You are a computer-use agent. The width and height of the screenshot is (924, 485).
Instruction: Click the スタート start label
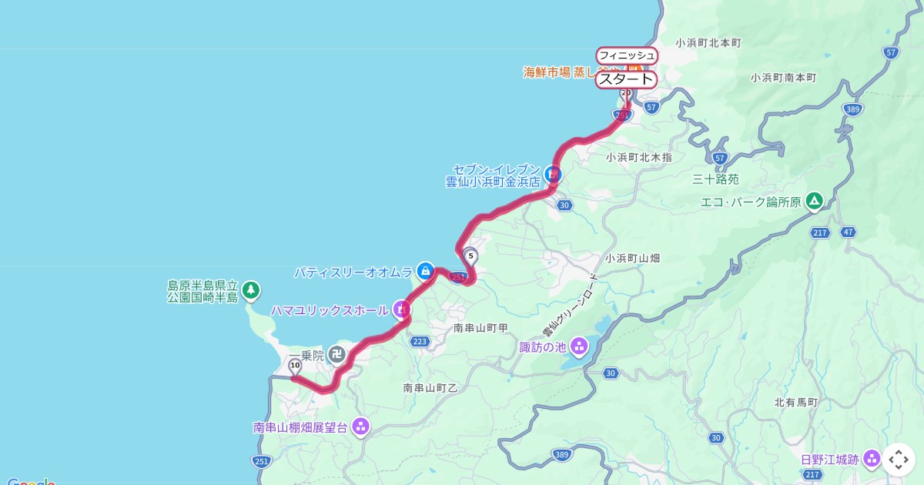[x=626, y=79]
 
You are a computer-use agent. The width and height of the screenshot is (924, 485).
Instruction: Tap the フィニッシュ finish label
[x=627, y=55]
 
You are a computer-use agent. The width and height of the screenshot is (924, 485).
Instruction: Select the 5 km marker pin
[x=470, y=256]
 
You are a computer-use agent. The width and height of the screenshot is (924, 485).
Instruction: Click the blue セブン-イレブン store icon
[x=553, y=175]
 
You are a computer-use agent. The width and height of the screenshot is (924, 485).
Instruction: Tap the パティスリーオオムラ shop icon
[x=424, y=271]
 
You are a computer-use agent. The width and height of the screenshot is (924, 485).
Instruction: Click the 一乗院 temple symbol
[x=336, y=354]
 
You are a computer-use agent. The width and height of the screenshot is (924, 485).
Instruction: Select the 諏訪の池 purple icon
[x=578, y=347]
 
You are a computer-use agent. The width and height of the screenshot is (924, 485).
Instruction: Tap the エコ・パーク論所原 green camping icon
[x=814, y=202]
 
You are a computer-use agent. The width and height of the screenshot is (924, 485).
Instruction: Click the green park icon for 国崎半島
[x=249, y=290]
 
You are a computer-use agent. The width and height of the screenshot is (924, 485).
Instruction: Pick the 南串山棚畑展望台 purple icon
[x=360, y=426]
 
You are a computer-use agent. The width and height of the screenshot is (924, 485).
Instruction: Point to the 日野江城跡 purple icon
[x=872, y=459]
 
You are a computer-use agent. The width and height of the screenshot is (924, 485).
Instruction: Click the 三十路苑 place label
[x=715, y=179]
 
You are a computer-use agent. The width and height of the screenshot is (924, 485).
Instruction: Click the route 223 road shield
[x=420, y=341]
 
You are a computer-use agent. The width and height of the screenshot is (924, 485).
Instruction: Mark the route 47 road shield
[x=849, y=232]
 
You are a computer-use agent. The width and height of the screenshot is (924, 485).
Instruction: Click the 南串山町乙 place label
[x=430, y=388]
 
